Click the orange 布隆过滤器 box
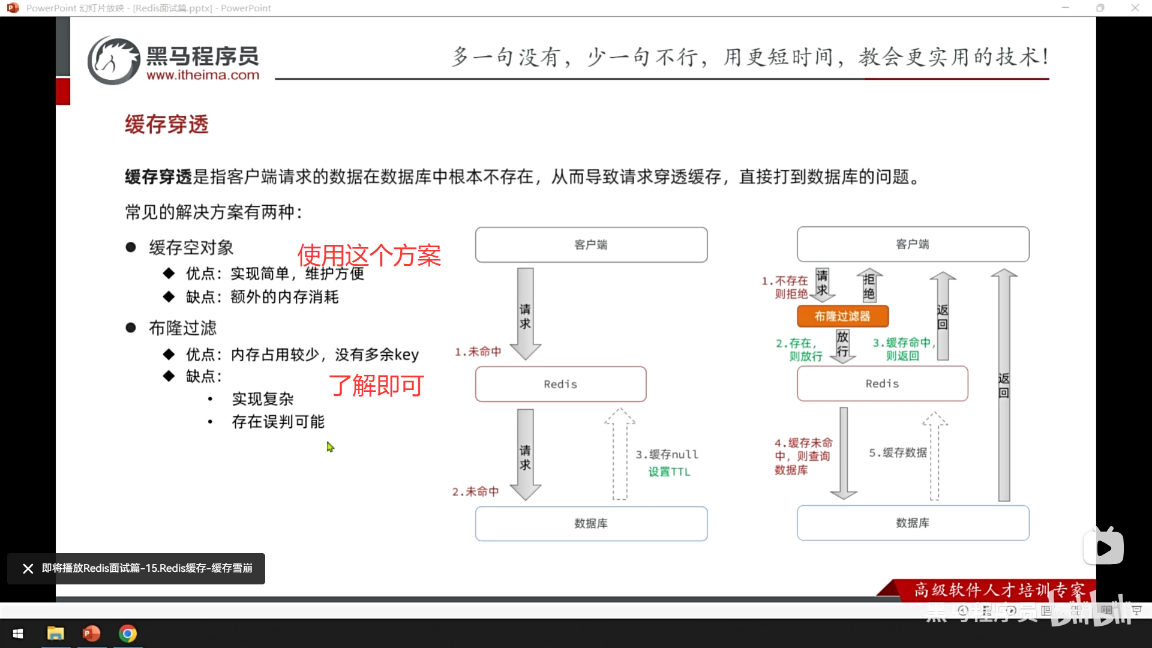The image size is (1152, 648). coord(842,316)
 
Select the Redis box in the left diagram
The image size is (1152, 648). coord(560,384)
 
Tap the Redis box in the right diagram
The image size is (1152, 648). coord(882,383)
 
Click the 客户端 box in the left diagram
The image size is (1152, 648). coord(591,245)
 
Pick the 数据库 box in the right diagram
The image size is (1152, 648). coord(913,523)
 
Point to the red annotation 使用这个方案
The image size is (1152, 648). coord(369,256)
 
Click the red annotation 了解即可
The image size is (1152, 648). coord(377,385)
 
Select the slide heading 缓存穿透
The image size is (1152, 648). coord(167,124)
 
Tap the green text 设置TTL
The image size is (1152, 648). coord(669,472)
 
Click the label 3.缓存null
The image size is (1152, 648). coord(667,454)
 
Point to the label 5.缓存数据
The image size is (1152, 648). coord(898,452)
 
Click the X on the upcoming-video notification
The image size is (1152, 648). coord(28,568)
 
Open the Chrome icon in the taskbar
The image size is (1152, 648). coord(127,634)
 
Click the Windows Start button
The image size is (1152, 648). coord(18,634)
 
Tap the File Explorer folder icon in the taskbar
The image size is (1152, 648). coord(55,634)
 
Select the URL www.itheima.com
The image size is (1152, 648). coord(203,76)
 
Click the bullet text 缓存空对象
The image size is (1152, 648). coord(191,247)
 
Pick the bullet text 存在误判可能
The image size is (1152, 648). coord(278,422)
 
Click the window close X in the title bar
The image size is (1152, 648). coord(1135,8)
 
